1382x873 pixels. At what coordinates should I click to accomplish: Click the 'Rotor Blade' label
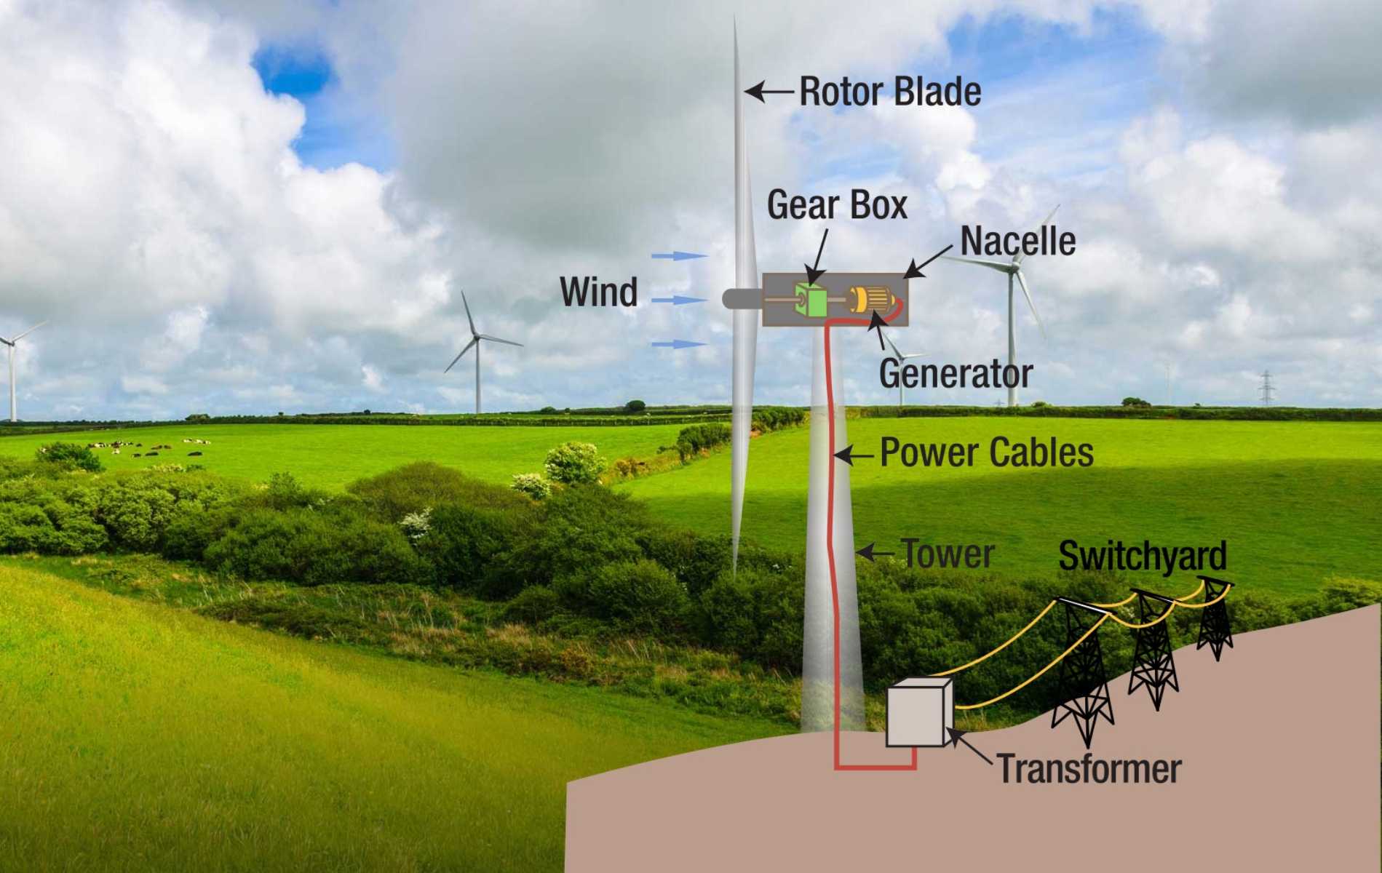pyautogui.click(x=890, y=92)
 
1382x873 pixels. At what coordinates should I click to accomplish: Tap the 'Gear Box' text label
pyautogui.click(x=837, y=205)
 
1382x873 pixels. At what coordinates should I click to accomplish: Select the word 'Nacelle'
pyautogui.click(x=1017, y=242)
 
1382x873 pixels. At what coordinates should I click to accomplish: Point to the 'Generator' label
pyautogui.click(x=955, y=373)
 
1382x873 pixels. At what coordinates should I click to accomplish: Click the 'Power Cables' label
pyautogui.click(x=986, y=453)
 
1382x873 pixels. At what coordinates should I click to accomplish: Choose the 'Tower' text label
pyautogui.click(x=948, y=554)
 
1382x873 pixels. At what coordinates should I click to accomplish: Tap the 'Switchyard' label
pyautogui.click(x=1142, y=556)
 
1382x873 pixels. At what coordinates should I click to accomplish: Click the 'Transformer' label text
pyautogui.click(x=1089, y=769)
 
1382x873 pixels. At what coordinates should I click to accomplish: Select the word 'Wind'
pyautogui.click(x=598, y=292)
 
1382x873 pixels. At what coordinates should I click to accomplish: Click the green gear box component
pyautogui.click(x=811, y=300)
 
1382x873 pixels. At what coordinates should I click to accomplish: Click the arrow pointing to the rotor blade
pyautogui.click(x=769, y=92)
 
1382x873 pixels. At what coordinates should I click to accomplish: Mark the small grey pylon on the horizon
pyautogui.click(x=1266, y=388)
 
